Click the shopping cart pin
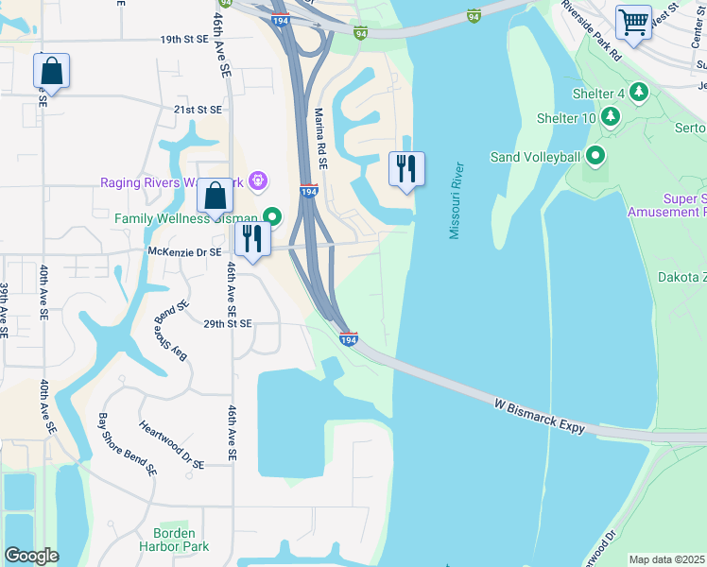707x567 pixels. [x=632, y=21]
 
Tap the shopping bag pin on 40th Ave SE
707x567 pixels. [x=50, y=70]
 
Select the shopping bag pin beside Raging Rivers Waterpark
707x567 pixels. [x=216, y=196]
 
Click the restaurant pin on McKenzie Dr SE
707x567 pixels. [x=252, y=237]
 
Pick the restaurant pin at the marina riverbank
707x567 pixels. [x=406, y=168]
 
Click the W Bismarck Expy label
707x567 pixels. [x=540, y=417]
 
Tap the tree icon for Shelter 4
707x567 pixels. [x=640, y=93]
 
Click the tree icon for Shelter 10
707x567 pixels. [x=612, y=117]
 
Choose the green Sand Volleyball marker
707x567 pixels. [x=595, y=156]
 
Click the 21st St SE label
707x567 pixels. [x=197, y=110]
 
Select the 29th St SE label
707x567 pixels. [x=227, y=323]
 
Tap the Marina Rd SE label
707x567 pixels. [x=320, y=137]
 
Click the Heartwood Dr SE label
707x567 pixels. [x=171, y=445]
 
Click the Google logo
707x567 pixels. [x=31, y=555]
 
